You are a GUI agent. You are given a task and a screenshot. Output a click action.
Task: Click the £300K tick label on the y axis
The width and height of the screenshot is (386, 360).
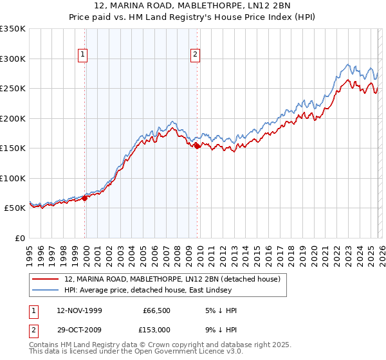pos(13,59)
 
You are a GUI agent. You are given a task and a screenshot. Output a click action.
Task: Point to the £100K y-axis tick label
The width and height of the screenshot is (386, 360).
pos(13,178)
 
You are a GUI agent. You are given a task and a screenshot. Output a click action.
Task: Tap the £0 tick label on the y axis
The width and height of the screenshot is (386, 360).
pos(19,238)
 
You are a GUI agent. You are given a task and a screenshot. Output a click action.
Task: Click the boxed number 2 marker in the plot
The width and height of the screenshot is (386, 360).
pos(195,55)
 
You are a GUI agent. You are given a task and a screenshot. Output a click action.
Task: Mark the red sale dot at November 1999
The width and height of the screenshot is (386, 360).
pos(85,198)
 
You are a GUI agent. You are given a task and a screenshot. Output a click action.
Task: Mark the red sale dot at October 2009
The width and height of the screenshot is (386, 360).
pos(198,147)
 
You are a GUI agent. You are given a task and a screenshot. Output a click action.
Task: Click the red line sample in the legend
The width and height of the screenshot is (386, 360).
pos(46,280)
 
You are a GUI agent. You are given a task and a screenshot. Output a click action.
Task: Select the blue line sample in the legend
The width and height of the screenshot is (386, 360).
pos(46,291)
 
